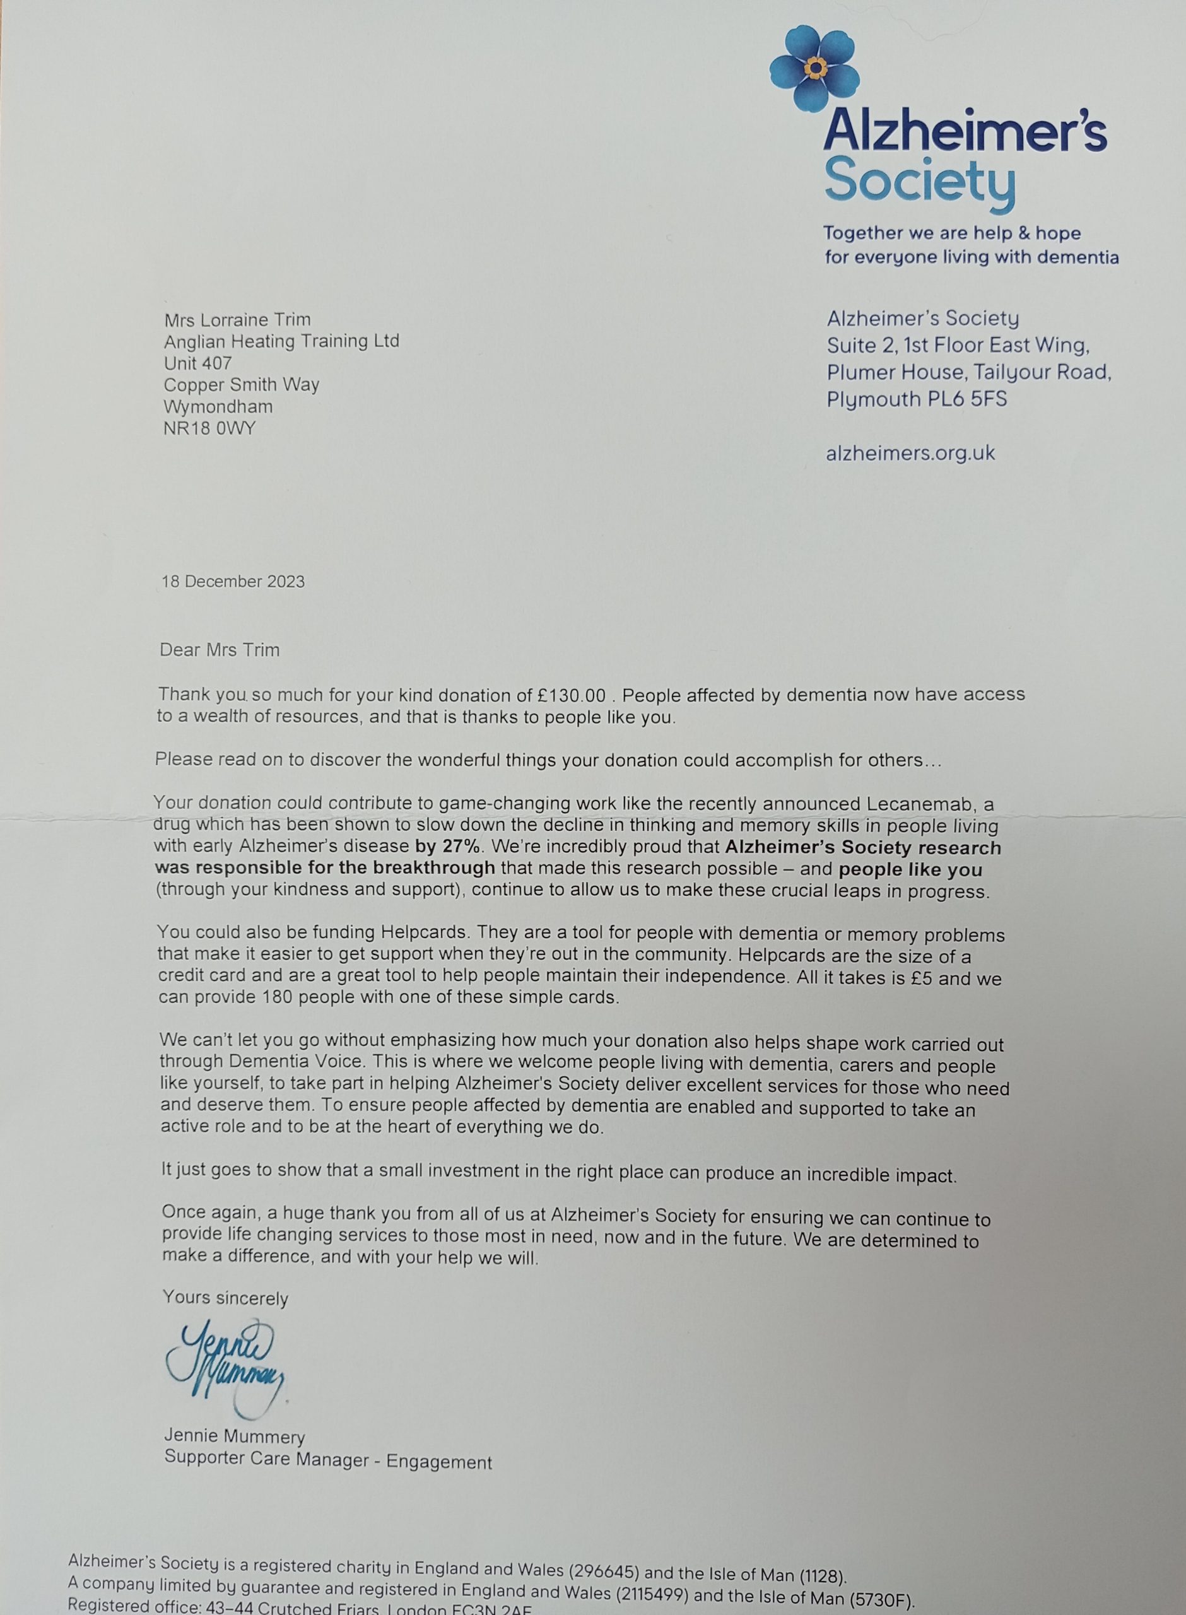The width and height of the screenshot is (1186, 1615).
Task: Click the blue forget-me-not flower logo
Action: click(814, 69)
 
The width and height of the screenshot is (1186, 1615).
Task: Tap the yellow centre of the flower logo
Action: click(816, 68)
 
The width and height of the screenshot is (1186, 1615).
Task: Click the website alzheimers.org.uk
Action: click(910, 454)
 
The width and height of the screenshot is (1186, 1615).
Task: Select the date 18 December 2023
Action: click(233, 582)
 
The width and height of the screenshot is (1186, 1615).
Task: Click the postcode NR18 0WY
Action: click(209, 428)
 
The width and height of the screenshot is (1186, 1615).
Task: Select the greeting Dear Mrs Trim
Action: click(220, 650)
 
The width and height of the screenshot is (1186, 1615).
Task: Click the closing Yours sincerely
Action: click(225, 1298)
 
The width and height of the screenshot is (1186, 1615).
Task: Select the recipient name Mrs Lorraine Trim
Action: click(237, 319)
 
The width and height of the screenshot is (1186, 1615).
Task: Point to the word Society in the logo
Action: click(920, 182)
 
